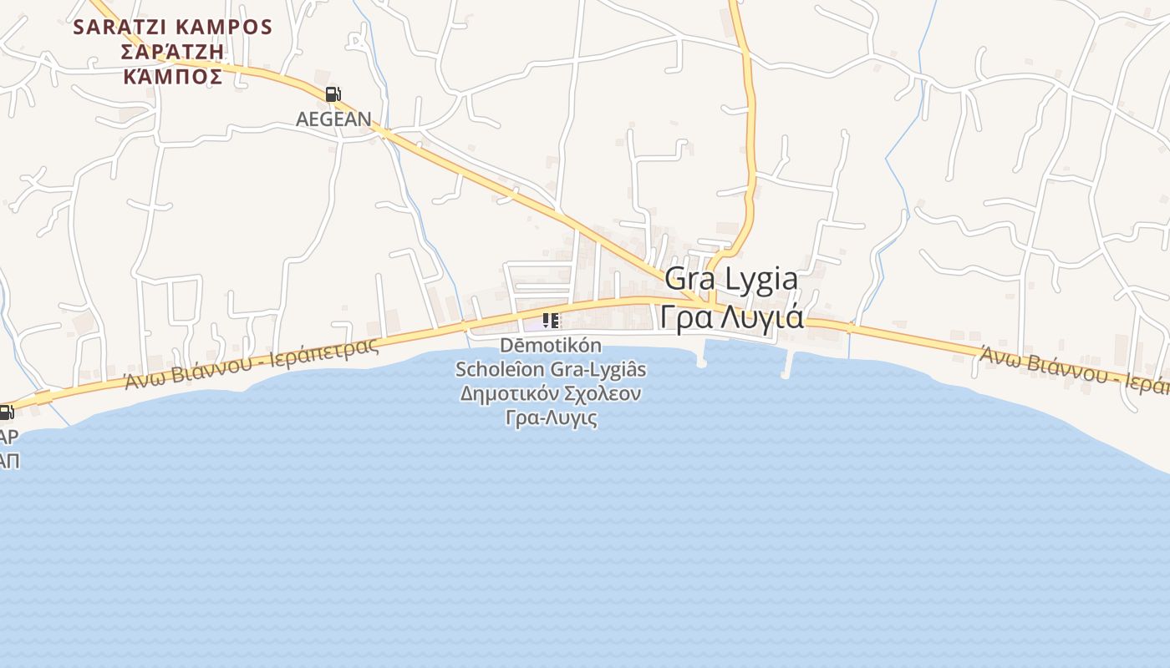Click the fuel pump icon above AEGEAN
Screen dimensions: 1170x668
pos(333,94)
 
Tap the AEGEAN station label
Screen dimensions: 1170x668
pos(333,119)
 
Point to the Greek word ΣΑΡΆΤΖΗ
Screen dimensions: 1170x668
pos(173,52)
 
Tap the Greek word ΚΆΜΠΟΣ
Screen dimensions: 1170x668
pos(173,77)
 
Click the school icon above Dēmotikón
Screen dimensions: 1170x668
pos(550,321)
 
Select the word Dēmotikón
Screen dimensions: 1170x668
pos(551,345)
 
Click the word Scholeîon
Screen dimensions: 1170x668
pos(501,368)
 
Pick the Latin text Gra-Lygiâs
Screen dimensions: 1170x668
pos(598,368)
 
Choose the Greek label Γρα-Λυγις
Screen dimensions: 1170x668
pos(552,417)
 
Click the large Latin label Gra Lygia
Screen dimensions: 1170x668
pos(731,279)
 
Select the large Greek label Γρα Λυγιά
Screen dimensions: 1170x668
pos(731,317)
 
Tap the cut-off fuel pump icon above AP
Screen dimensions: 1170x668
pos(6,412)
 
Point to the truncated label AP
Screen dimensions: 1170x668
pos(8,436)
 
